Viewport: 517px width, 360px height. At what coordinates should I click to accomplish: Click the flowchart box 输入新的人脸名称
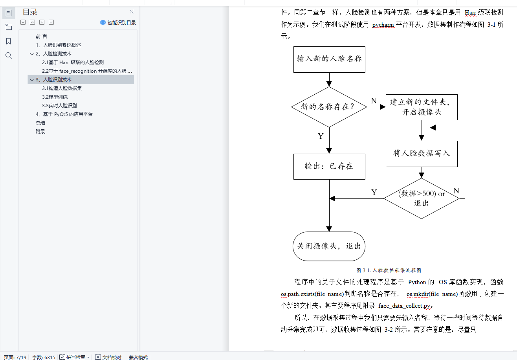[329, 59]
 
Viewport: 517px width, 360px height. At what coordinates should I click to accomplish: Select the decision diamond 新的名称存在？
[329, 107]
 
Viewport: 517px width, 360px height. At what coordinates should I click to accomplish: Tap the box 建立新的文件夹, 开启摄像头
[422, 107]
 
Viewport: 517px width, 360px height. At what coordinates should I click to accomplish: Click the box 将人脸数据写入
[422, 153]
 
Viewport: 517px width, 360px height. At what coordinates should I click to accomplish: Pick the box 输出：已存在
[329, 166]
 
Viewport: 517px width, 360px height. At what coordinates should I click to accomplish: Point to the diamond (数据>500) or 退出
[422, 198]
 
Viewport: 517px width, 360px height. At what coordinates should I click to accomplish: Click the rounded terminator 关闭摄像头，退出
[329, 246]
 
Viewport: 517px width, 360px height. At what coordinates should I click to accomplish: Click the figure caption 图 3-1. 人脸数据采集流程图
[389, 270]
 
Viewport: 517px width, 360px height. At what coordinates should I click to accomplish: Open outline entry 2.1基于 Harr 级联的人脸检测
[73, 62]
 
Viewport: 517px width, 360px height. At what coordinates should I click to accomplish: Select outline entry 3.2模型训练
[55, 97]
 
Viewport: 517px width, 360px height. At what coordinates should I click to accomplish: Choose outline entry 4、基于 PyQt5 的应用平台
[64, 114]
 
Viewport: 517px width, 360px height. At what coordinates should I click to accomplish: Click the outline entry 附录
[40, 132]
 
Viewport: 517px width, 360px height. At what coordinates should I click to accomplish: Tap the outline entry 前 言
[41, 37]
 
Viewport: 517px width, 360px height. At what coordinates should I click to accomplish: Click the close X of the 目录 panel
[132, 12]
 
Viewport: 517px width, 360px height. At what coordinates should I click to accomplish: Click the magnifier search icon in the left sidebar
[9, 55]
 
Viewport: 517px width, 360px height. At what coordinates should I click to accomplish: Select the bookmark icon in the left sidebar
[9, 41]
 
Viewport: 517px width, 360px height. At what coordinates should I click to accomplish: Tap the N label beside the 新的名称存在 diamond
[374, 101]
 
